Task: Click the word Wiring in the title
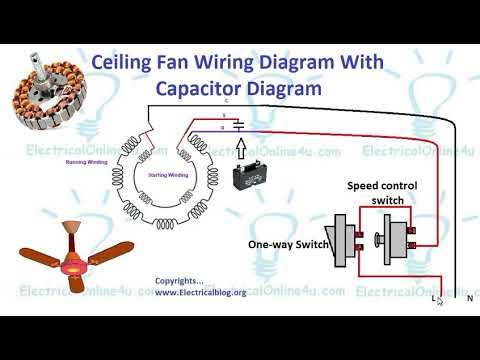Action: pyautogui.click(x=221, y=62)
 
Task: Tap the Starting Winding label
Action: pyautogui.click(x=168, y=174)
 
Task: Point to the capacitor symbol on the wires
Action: pyautogui.click(x=237, y=125)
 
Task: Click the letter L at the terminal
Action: pyautogui.click(x=434, y=298)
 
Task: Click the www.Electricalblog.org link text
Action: pyautogui.click(x=200, y=294)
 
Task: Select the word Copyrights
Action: pyautogui.click(x=180, y=281)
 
